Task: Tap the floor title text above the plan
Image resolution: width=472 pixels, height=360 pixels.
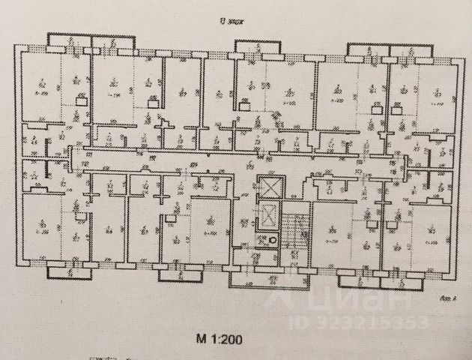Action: (x=240, y=22)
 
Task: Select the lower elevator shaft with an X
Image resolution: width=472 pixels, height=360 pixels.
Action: (x=266, y=217)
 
